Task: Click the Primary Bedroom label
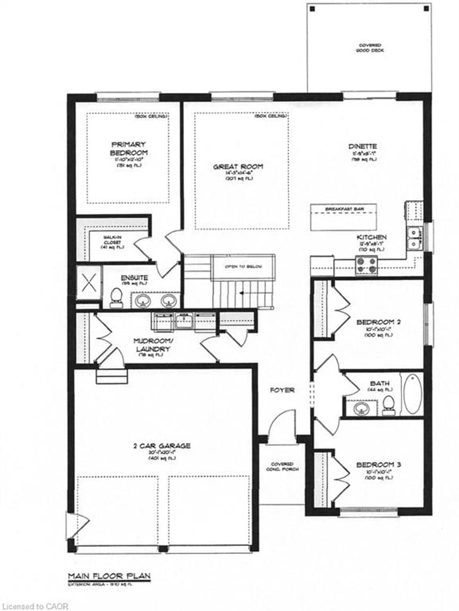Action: pyautogui.click(x=129, y=149)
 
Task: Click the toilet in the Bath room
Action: pyautogui.click(x=388, y=405)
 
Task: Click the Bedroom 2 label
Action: pyautogui.click(x=378, y=322)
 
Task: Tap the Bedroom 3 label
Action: pyautogui.click(x=378, y=465)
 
